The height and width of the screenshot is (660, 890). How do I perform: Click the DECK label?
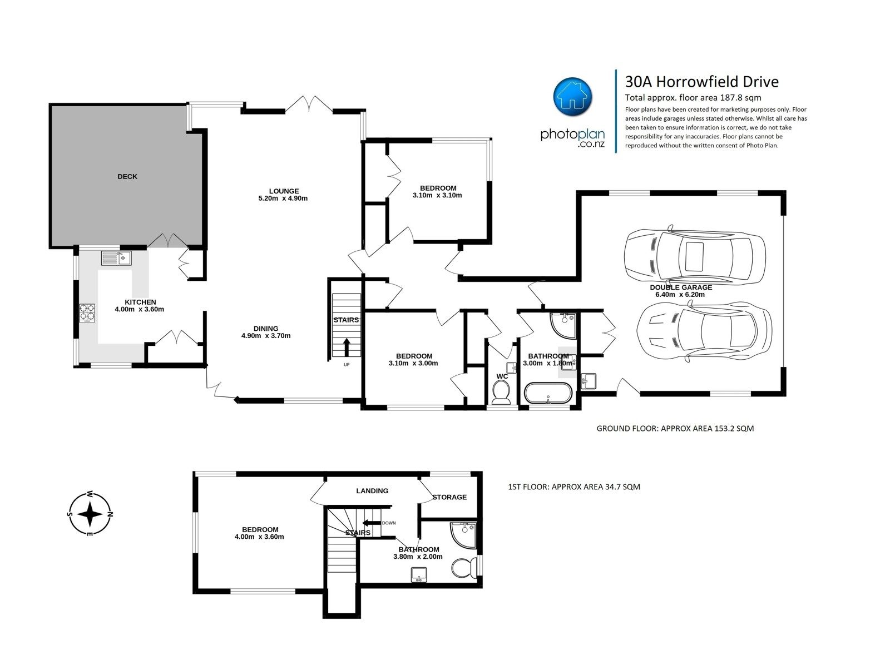(x=127, y=176)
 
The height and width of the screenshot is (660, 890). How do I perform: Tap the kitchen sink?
(x=116, y=258)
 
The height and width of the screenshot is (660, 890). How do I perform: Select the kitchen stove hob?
(x=87, y=313)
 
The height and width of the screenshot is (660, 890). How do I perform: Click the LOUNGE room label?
(x=284, y=191)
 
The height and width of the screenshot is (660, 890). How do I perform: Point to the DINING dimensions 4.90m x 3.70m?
(x=266, y=336)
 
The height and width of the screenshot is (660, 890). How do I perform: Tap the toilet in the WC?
(x=501, y=391)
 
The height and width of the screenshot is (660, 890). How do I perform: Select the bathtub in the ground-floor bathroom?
(x=548, y=393)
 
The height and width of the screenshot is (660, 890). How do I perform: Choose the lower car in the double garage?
(x=705, y=332)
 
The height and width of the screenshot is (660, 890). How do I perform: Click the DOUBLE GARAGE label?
(x=681, y=287)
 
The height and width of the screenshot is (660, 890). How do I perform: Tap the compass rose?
(x=90, y=514)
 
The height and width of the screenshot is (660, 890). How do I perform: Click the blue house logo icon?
(x=572, y=97)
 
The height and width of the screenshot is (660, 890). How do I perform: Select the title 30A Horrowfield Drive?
(x=702, y=82)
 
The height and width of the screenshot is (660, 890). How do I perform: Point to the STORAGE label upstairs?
(x=449, y=497)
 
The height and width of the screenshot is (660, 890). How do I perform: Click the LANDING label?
(x=372, y=490)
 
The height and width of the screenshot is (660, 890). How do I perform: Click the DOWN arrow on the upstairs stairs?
(x=371, y=523)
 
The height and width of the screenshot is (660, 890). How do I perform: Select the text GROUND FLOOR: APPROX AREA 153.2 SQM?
(x=675, y=429)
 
